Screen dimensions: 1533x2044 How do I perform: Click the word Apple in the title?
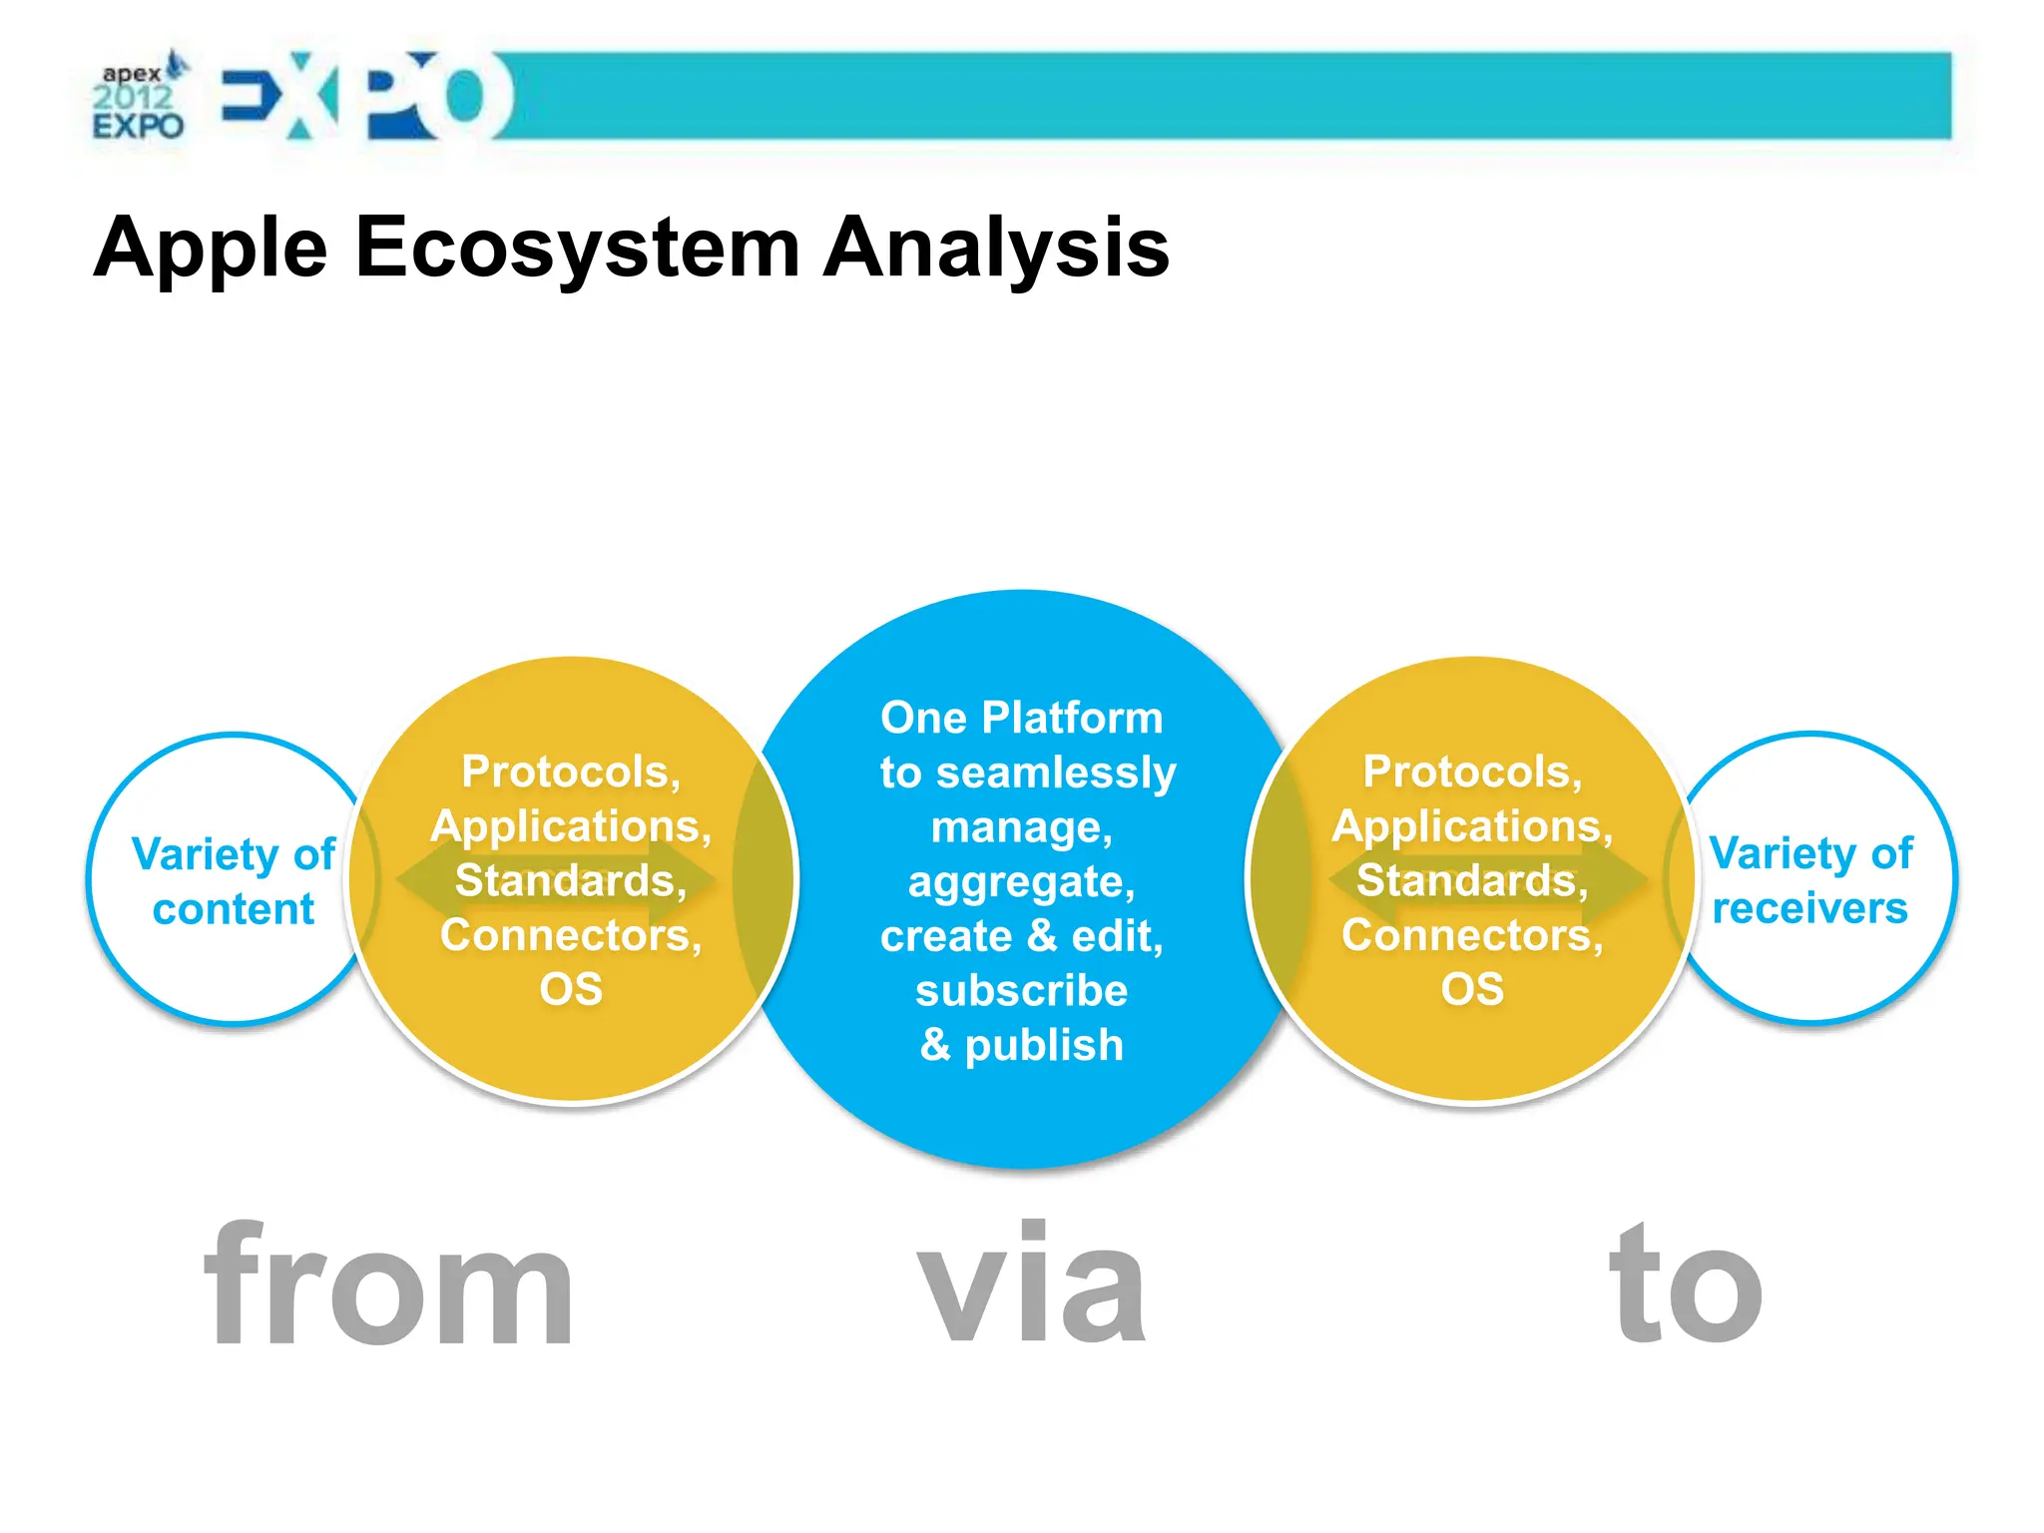[x=211, y=248]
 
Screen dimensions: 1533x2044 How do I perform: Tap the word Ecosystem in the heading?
[x=577, y=248]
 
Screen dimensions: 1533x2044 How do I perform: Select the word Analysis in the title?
[x=995, y=248]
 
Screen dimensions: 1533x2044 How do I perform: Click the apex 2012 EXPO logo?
[x=139, y=98]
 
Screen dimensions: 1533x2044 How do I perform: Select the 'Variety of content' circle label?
[x=234, y=881]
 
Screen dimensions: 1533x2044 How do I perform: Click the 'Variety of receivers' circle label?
[x=1810, y=880]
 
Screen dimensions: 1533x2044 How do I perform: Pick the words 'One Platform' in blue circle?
[x=1021, y=718]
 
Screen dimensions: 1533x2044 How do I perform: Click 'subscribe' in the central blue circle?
[x=1021, y=990]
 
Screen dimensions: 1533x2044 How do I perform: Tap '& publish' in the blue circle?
[x=1021, y=1045]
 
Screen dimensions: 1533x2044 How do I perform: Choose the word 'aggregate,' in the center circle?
[x=1021, y=881]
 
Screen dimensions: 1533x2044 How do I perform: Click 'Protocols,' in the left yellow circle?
[x=571, y=771]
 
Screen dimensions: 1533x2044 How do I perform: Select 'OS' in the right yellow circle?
[x=1472, y=989]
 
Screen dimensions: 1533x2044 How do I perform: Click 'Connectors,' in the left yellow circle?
[x=571, y=935]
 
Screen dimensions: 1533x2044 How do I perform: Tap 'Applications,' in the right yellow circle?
[x=1472, y=826]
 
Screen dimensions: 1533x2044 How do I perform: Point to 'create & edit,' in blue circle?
[x=1021, y=936]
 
